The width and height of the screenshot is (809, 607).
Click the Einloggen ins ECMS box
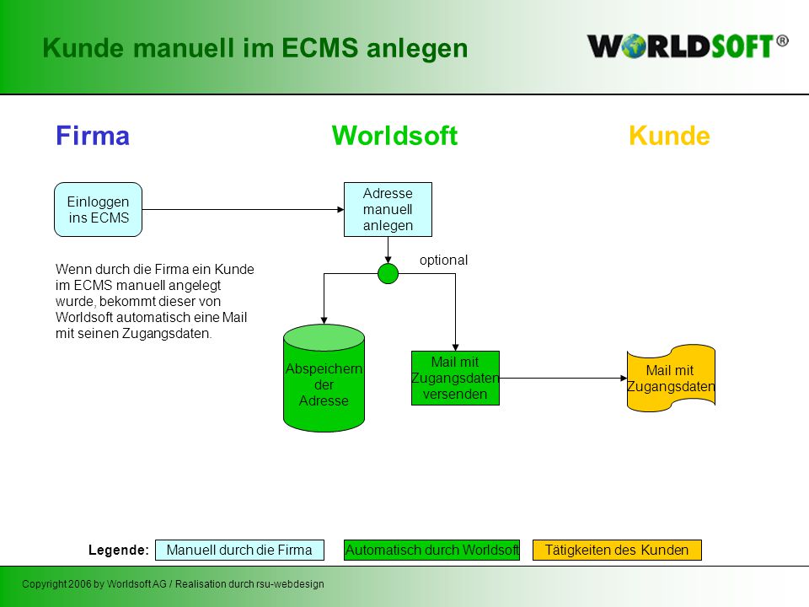point(98,210)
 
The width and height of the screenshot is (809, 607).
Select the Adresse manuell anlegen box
point(388,210)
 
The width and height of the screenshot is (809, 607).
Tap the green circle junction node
point(388,273)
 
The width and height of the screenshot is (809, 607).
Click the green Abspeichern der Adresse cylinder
point(324,378)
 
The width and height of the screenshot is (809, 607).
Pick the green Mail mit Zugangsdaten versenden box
point(455,378)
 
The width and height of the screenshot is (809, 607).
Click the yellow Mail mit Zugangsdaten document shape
point(671,378)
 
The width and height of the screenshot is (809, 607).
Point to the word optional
point(444,261)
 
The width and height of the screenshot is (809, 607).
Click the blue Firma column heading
point(93,136)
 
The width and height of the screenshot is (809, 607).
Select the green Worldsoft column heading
point(394,136)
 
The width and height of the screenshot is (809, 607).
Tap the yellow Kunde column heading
point(670,136)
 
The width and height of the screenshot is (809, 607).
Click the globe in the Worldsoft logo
point(634,46)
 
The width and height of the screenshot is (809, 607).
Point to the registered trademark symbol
point(782,40)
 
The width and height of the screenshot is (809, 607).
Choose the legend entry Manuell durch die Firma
point(239,551)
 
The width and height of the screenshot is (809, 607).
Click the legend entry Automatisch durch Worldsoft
point(431,551)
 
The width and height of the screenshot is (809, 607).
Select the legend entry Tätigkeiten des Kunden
point(617,551)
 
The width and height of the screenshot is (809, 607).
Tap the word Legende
point(119,551)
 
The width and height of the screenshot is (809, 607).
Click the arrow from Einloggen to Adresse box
point(243,210)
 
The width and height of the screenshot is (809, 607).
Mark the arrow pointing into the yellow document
point(563,379)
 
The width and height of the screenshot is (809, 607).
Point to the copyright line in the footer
point(173,583)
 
